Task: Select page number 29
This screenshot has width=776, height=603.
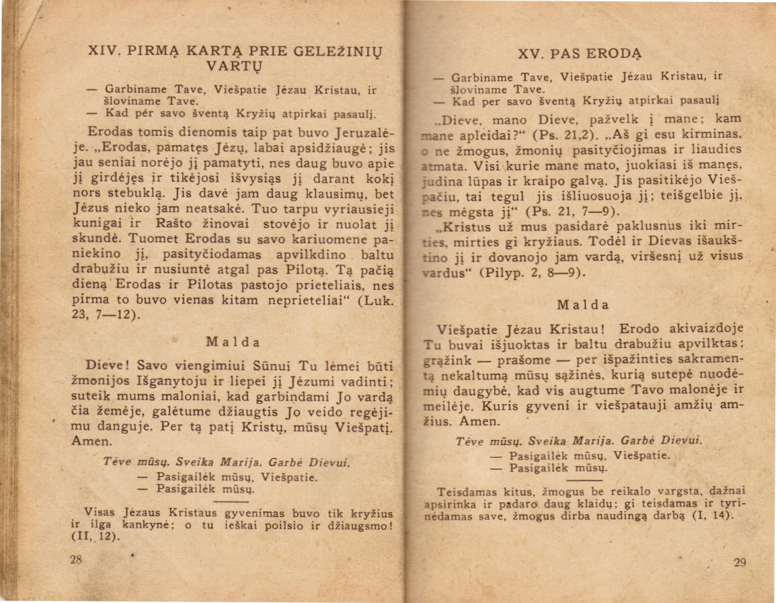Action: [x=740, y=564]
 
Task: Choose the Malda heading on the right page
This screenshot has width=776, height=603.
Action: [x=582, y=304]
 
